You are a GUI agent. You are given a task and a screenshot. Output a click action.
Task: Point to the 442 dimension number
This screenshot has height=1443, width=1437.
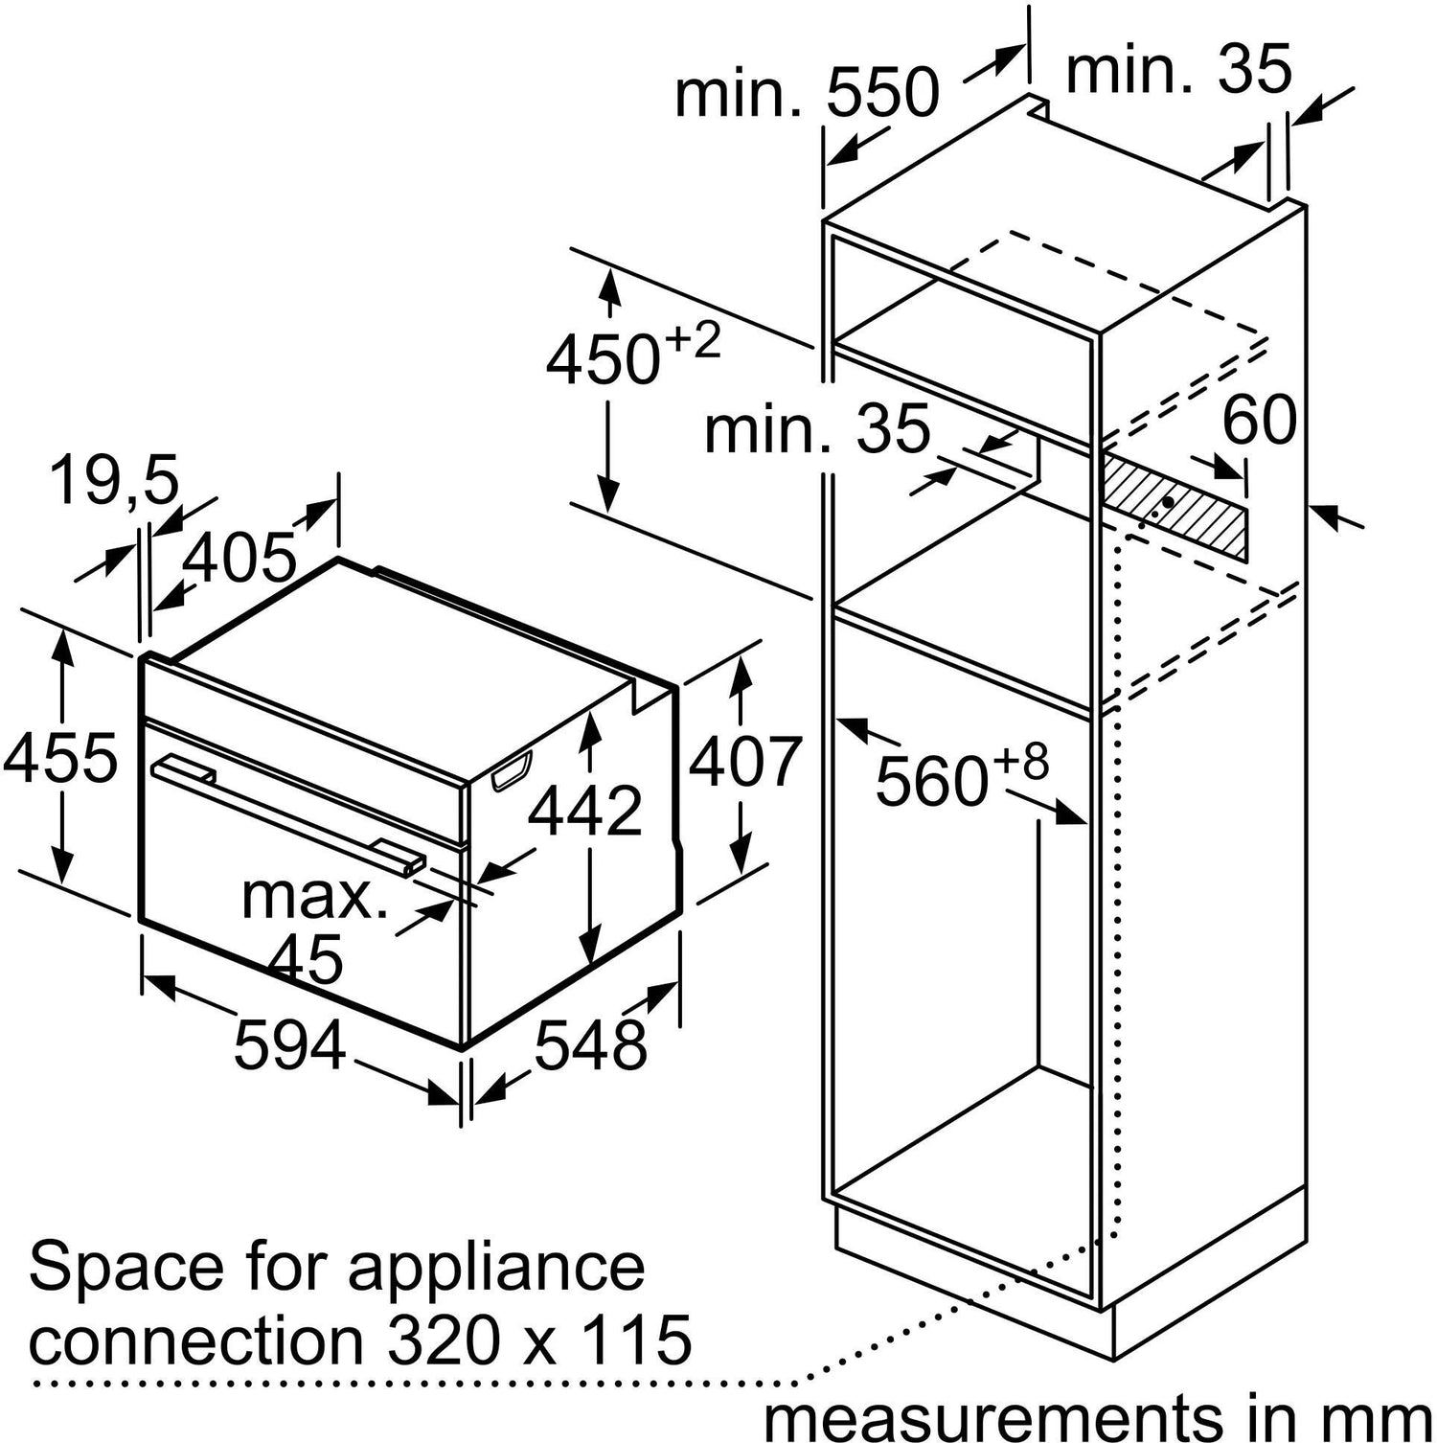click(585, 811)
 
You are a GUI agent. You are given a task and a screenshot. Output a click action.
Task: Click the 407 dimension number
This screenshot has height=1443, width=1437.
click(743, 762)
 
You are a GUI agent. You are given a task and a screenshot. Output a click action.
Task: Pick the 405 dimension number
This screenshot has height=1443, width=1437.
click(239, 558)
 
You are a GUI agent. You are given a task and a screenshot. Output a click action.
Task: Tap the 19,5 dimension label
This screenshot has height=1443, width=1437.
click(114, 480)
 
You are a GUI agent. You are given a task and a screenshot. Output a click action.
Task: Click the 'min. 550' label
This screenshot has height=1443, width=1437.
click(807, 93)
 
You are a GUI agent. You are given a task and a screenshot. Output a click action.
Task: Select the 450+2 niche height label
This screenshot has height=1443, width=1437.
click(632, 356)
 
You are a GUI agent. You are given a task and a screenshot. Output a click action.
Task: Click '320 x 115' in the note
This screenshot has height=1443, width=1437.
click(538, 1338)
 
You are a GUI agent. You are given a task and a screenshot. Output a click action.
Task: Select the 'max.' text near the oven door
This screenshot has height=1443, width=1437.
click(314, 897)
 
